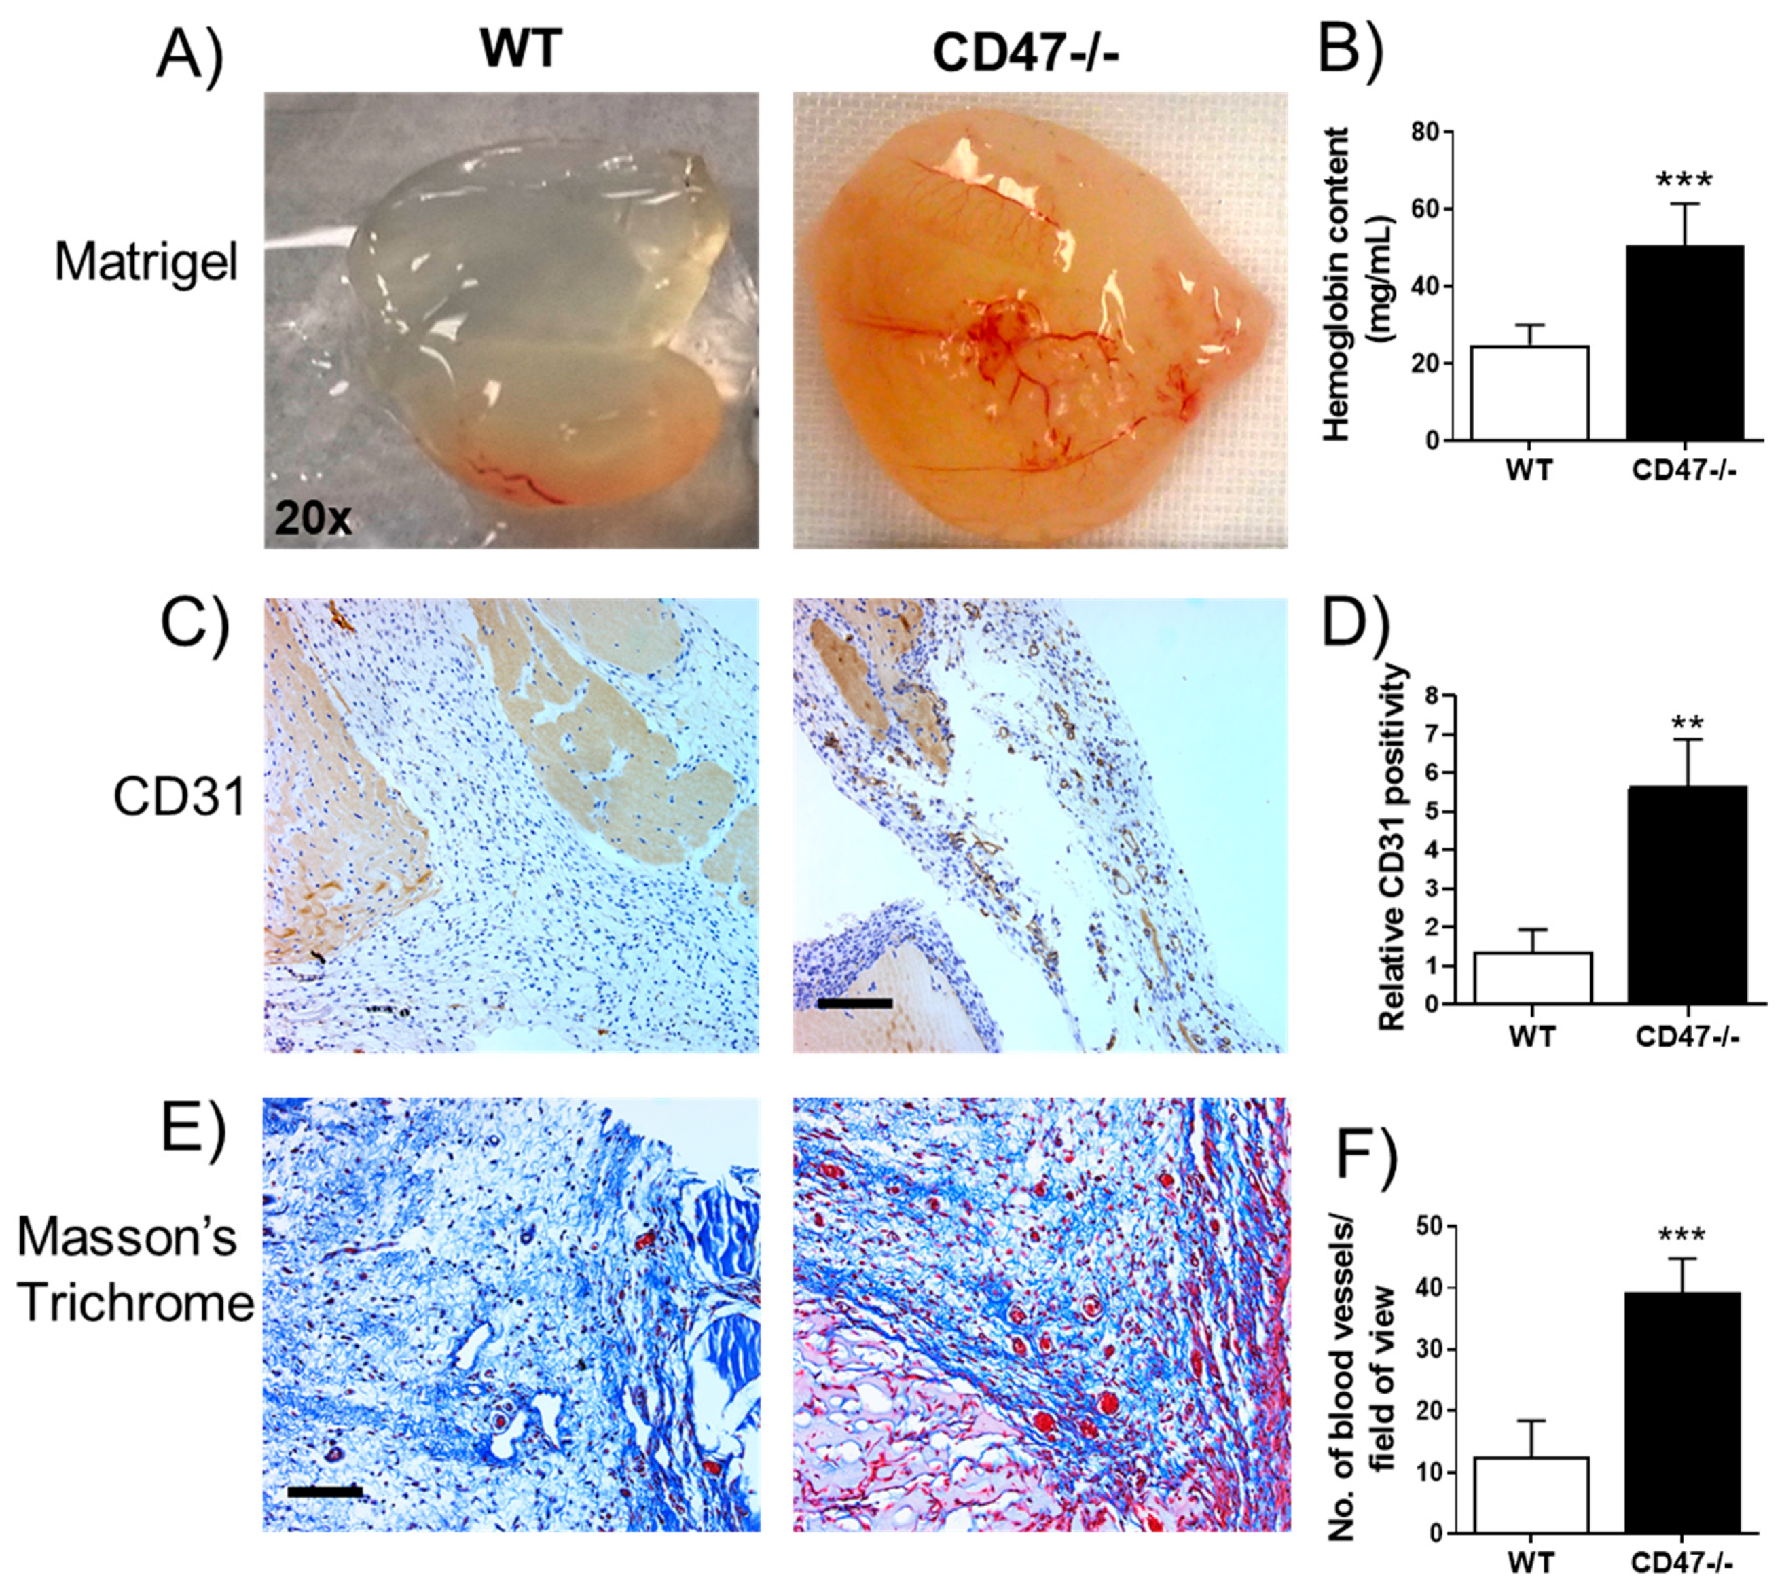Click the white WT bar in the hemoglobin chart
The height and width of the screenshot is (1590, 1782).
(1529, 393)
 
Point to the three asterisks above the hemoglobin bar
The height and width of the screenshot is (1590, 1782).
(1684, 182)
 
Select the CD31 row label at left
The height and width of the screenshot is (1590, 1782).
(179, 797)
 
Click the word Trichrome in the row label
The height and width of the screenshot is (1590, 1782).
(135, 1303)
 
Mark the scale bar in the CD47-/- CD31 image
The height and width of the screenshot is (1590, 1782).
(854, 1004)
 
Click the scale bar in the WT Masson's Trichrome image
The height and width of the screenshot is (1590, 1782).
(324, 1492)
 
